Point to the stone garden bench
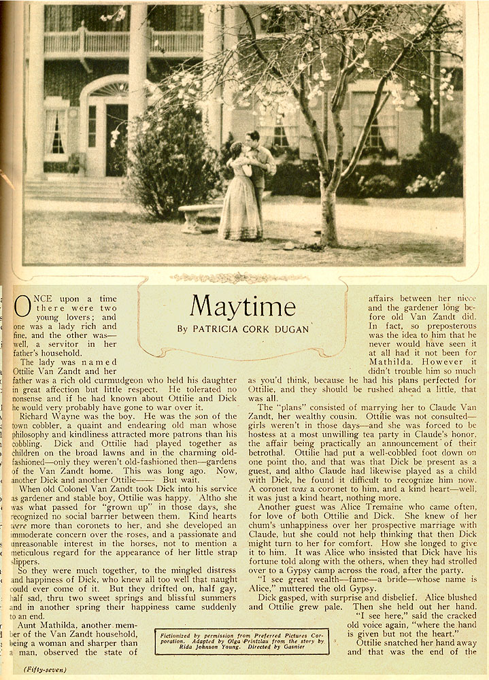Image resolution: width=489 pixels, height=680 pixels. pyautogui.click(x=199, y=215)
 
